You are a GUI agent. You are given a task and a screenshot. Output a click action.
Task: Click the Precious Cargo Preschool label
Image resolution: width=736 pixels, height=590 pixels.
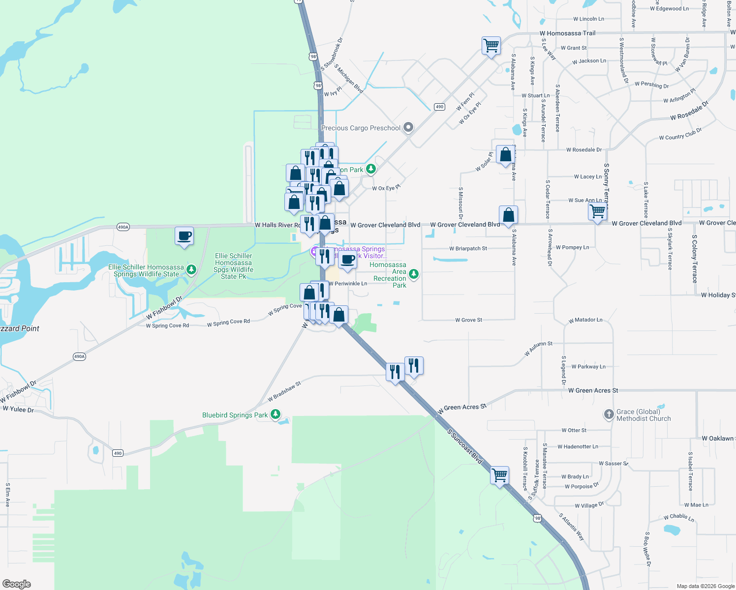pos(361,128)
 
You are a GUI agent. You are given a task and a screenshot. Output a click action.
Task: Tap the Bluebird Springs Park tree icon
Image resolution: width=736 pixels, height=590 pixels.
pos(276,414)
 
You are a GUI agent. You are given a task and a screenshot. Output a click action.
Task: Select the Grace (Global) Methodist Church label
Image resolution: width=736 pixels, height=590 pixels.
pos(644,415)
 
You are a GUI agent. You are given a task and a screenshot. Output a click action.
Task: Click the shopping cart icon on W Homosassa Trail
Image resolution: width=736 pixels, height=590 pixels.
pos(491,46)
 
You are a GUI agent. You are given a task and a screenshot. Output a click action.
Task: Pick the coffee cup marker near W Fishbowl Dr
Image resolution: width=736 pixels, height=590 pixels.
pos(184,236)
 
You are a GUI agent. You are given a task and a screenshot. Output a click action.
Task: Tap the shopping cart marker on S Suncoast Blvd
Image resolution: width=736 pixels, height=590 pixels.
pos(499,475)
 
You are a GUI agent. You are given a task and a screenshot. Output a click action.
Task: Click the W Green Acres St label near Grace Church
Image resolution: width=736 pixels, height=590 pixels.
pos(593,390)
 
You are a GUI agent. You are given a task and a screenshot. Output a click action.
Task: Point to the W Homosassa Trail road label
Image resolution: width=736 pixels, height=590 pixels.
pos(571,33)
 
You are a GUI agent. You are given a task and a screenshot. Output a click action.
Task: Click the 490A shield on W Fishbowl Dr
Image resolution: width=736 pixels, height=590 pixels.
pos(79,356)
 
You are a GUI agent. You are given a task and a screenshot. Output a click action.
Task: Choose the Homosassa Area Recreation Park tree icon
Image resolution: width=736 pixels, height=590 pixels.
pos(414,274)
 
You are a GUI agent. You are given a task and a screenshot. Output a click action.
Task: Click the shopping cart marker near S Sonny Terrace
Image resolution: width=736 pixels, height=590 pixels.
pos(597,212)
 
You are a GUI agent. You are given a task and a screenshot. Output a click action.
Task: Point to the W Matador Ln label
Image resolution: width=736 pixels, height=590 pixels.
pos(585,320)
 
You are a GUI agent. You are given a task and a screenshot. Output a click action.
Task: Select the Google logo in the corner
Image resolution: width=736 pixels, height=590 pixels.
pos(17,584)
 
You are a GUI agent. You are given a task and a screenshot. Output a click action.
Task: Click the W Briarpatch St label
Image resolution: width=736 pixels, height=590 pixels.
pos(468,249)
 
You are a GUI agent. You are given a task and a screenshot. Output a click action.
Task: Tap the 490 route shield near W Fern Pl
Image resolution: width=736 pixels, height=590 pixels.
pos(439,107)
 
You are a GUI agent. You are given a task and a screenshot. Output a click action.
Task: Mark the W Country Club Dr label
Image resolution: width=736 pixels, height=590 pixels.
pos(680,134)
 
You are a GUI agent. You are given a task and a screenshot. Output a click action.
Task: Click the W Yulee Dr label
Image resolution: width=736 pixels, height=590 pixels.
pos(18,409)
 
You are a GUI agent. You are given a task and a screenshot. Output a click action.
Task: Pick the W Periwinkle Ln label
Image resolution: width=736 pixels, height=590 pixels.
pos(348,284)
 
